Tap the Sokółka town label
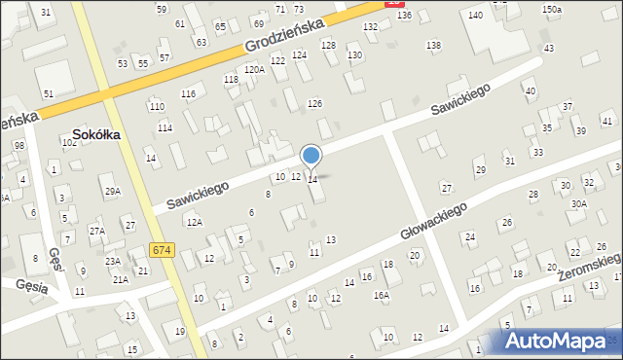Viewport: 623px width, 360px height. pos(96,135)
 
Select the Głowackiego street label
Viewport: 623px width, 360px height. pos(434,222)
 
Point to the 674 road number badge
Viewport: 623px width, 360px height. pos(163,251)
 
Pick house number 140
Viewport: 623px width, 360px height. pos(475,16)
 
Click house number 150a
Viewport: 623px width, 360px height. pos(552,9)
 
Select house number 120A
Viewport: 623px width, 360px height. pos(254,69)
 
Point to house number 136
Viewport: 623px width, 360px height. pos(404,16)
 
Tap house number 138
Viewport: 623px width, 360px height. pos(433,46)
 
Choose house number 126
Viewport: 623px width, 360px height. pos(314,103)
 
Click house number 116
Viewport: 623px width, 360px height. pos(188,93)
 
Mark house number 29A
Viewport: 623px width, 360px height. pos(113,192)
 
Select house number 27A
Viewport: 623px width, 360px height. pos(96,231)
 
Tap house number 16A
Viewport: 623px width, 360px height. pos(383,294)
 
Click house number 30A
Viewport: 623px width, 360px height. pos(579,203)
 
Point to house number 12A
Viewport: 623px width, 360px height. pos(195,223)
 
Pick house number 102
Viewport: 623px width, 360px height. pos(69,142)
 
